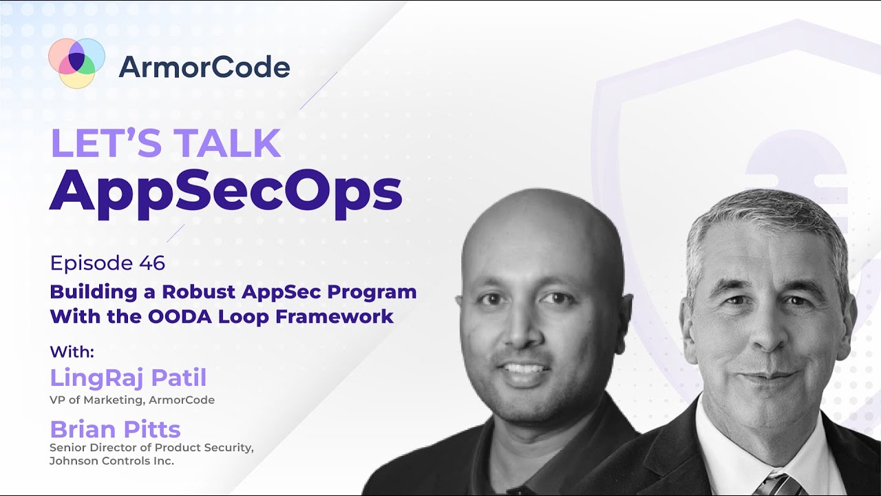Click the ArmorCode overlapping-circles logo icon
click(x=76, y=63)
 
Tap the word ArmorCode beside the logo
click(x=204, y=68)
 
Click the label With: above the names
click(x=72, y=351)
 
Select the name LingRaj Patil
click(x=128, y=378)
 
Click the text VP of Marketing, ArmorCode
click(x=132, y=400)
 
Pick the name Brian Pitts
click(x=115, y=429)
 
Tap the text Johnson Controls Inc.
click(x=112, y=461)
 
